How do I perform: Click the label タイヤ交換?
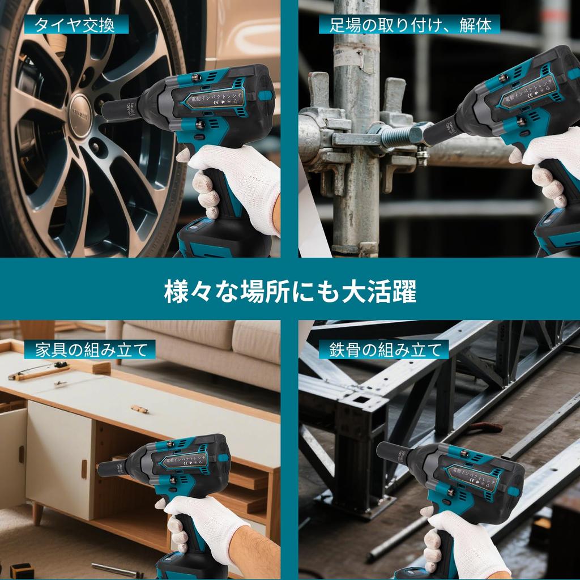[75, 25]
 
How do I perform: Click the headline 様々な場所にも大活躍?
[290, 292]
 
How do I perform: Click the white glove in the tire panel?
[238, 181]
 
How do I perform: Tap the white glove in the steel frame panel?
[464, 544]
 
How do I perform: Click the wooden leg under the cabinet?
[37, 513]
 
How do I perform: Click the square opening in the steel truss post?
[360, 401]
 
